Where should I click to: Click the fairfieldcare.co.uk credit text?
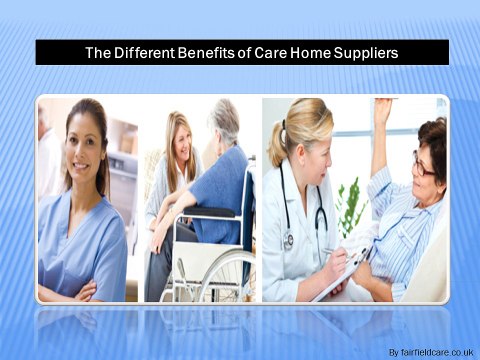click(431, 352)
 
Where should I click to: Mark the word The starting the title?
click(98, 53)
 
